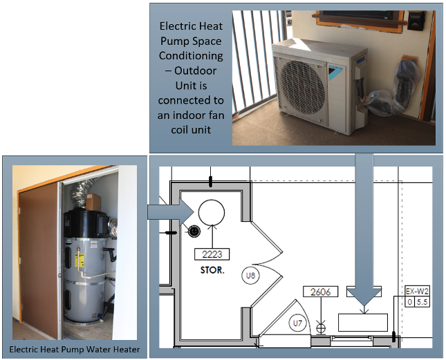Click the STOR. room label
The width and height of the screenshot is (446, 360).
click(x=212, y=270)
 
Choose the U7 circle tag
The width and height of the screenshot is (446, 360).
click(x=297, y=323)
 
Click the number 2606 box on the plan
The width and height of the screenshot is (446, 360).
click(x=321, y=292)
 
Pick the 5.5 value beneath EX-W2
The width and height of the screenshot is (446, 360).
click(x=422, y=301)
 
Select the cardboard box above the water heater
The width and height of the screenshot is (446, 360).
click(x=94, y=201)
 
